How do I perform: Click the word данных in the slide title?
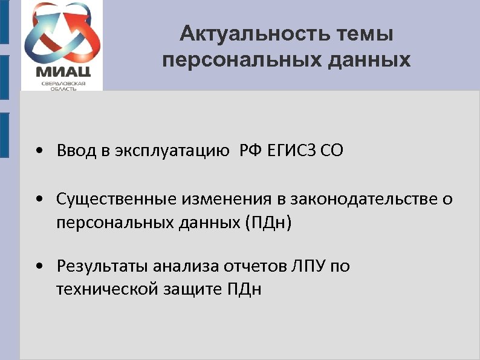[370, 61]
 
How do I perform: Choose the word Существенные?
[115, 199]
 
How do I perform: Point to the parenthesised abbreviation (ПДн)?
[268, 222]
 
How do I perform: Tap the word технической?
[107, 289]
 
